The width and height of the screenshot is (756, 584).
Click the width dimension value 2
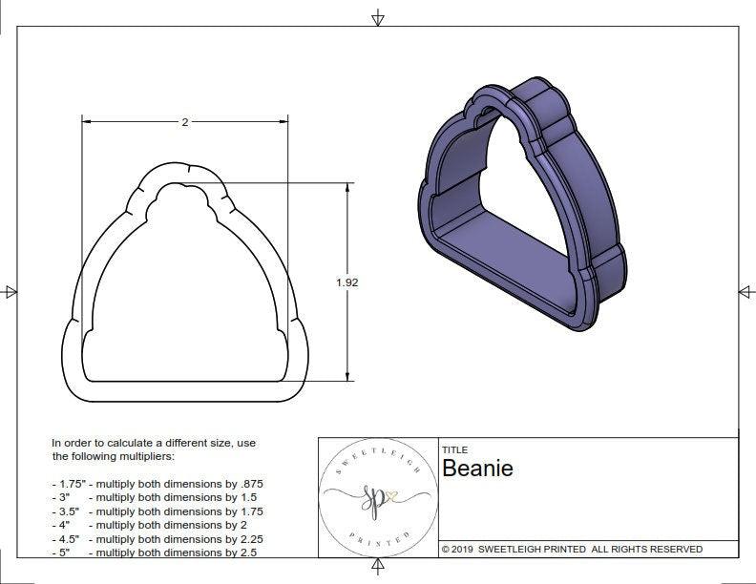pos(184,122)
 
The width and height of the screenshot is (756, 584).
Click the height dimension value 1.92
pos(347,282)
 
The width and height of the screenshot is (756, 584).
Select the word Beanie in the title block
pos(477,469)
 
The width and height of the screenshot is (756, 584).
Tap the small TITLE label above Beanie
pos(454,449)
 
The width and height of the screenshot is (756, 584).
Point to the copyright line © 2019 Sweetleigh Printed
pos(572,549)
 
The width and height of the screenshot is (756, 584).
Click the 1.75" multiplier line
pos(157,484)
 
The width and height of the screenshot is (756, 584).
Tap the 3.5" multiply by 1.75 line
pos(157,511)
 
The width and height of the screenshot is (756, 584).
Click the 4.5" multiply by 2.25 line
pos(157,538)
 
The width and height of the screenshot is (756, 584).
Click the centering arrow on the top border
pos(378,17)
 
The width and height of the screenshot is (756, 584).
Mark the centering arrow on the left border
pos(10,292)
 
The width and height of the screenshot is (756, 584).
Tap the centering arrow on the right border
pos(745,292)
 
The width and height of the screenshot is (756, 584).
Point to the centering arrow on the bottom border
pos(378,568)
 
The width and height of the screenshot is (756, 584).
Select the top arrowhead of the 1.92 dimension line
pos(346,188)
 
